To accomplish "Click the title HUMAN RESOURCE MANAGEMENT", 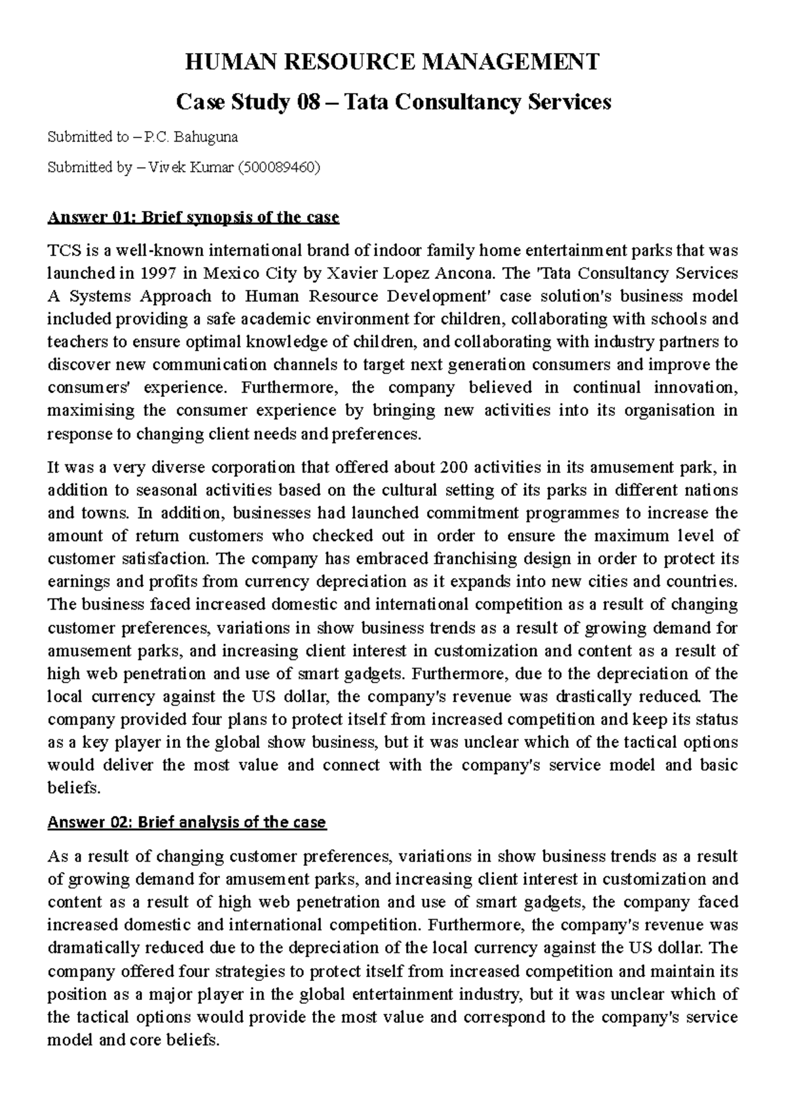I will point(393,62).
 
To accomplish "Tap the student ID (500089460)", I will point(280,168).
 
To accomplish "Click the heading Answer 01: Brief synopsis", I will point(193,217).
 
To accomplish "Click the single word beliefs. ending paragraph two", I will point(74,788).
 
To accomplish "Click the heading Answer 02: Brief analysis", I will point(187,822).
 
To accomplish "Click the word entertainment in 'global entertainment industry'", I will point(407,994).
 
